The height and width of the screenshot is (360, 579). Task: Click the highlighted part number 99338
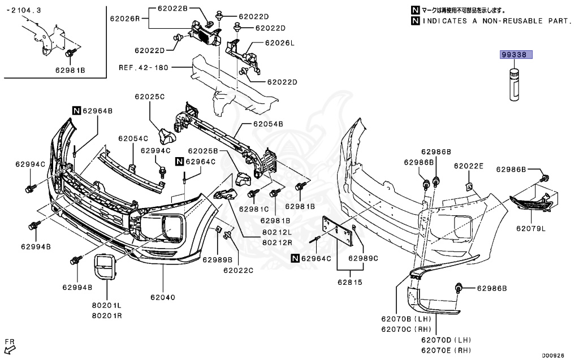click(516, 55)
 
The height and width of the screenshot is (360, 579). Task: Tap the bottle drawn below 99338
click(514, 84)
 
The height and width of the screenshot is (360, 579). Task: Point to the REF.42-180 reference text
click(144, 67)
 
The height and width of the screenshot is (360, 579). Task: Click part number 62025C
click(149, 97)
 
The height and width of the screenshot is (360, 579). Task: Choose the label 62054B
click(268, 124)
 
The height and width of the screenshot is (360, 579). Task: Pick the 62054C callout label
click(133, 138)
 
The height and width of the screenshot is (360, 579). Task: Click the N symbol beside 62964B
click(76, 111)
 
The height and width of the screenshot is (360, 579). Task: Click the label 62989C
click(362, 258)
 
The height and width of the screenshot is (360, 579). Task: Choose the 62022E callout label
click(469, 166)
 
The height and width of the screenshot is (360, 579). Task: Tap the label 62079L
click(530, 229)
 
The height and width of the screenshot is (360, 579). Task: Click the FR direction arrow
click(10, 346)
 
